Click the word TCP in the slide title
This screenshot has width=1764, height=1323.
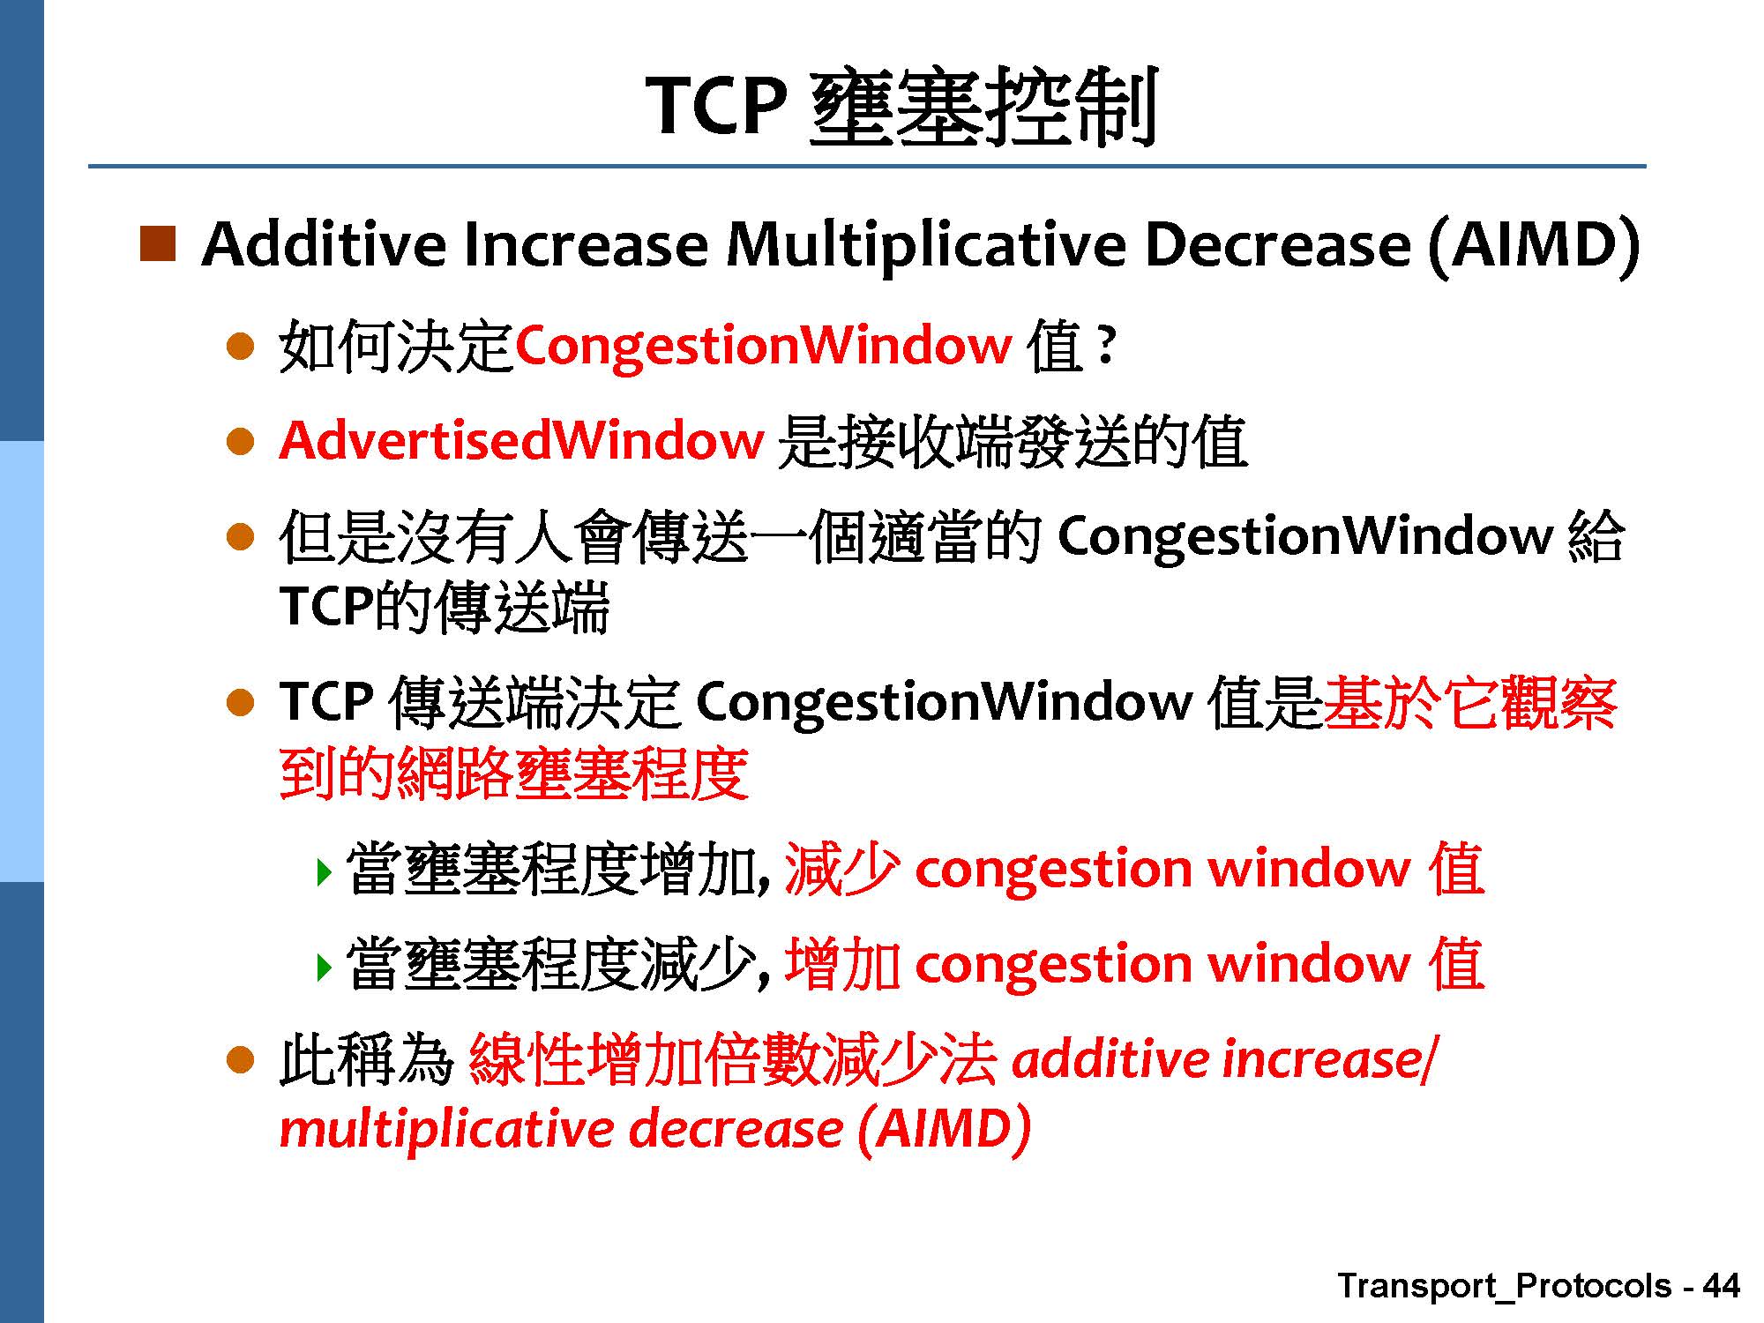716,106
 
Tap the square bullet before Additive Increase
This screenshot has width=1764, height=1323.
158,243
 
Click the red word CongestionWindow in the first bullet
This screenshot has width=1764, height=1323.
763,346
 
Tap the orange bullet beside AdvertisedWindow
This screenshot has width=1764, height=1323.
240,440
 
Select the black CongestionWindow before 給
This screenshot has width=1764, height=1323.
1305,536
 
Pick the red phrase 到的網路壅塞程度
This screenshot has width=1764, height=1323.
514,774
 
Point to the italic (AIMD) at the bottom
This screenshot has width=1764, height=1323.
944,1130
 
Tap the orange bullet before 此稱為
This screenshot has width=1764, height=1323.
240,1060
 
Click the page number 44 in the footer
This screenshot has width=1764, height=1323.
1721,1286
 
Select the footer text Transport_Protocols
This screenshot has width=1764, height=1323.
1505,1287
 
